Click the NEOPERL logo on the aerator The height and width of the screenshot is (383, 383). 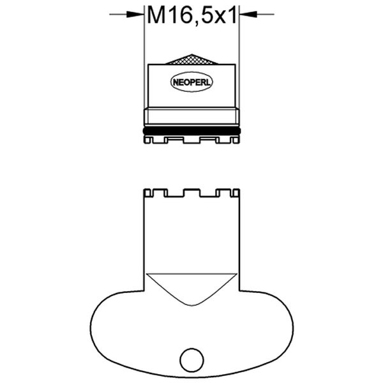(x=191, y=82)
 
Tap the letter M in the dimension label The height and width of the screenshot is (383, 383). (x=156, y=15)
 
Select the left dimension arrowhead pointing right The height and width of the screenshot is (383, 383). (x=137, y=13)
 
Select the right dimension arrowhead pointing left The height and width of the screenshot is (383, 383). (x=247, y=13)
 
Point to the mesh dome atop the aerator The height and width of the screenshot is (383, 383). (x=191, y=59)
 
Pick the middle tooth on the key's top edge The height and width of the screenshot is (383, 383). (x=191, y=191)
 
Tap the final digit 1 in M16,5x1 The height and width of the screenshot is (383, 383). (x=232, y=15)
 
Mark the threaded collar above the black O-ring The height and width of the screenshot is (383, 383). (x=191, y=116)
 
